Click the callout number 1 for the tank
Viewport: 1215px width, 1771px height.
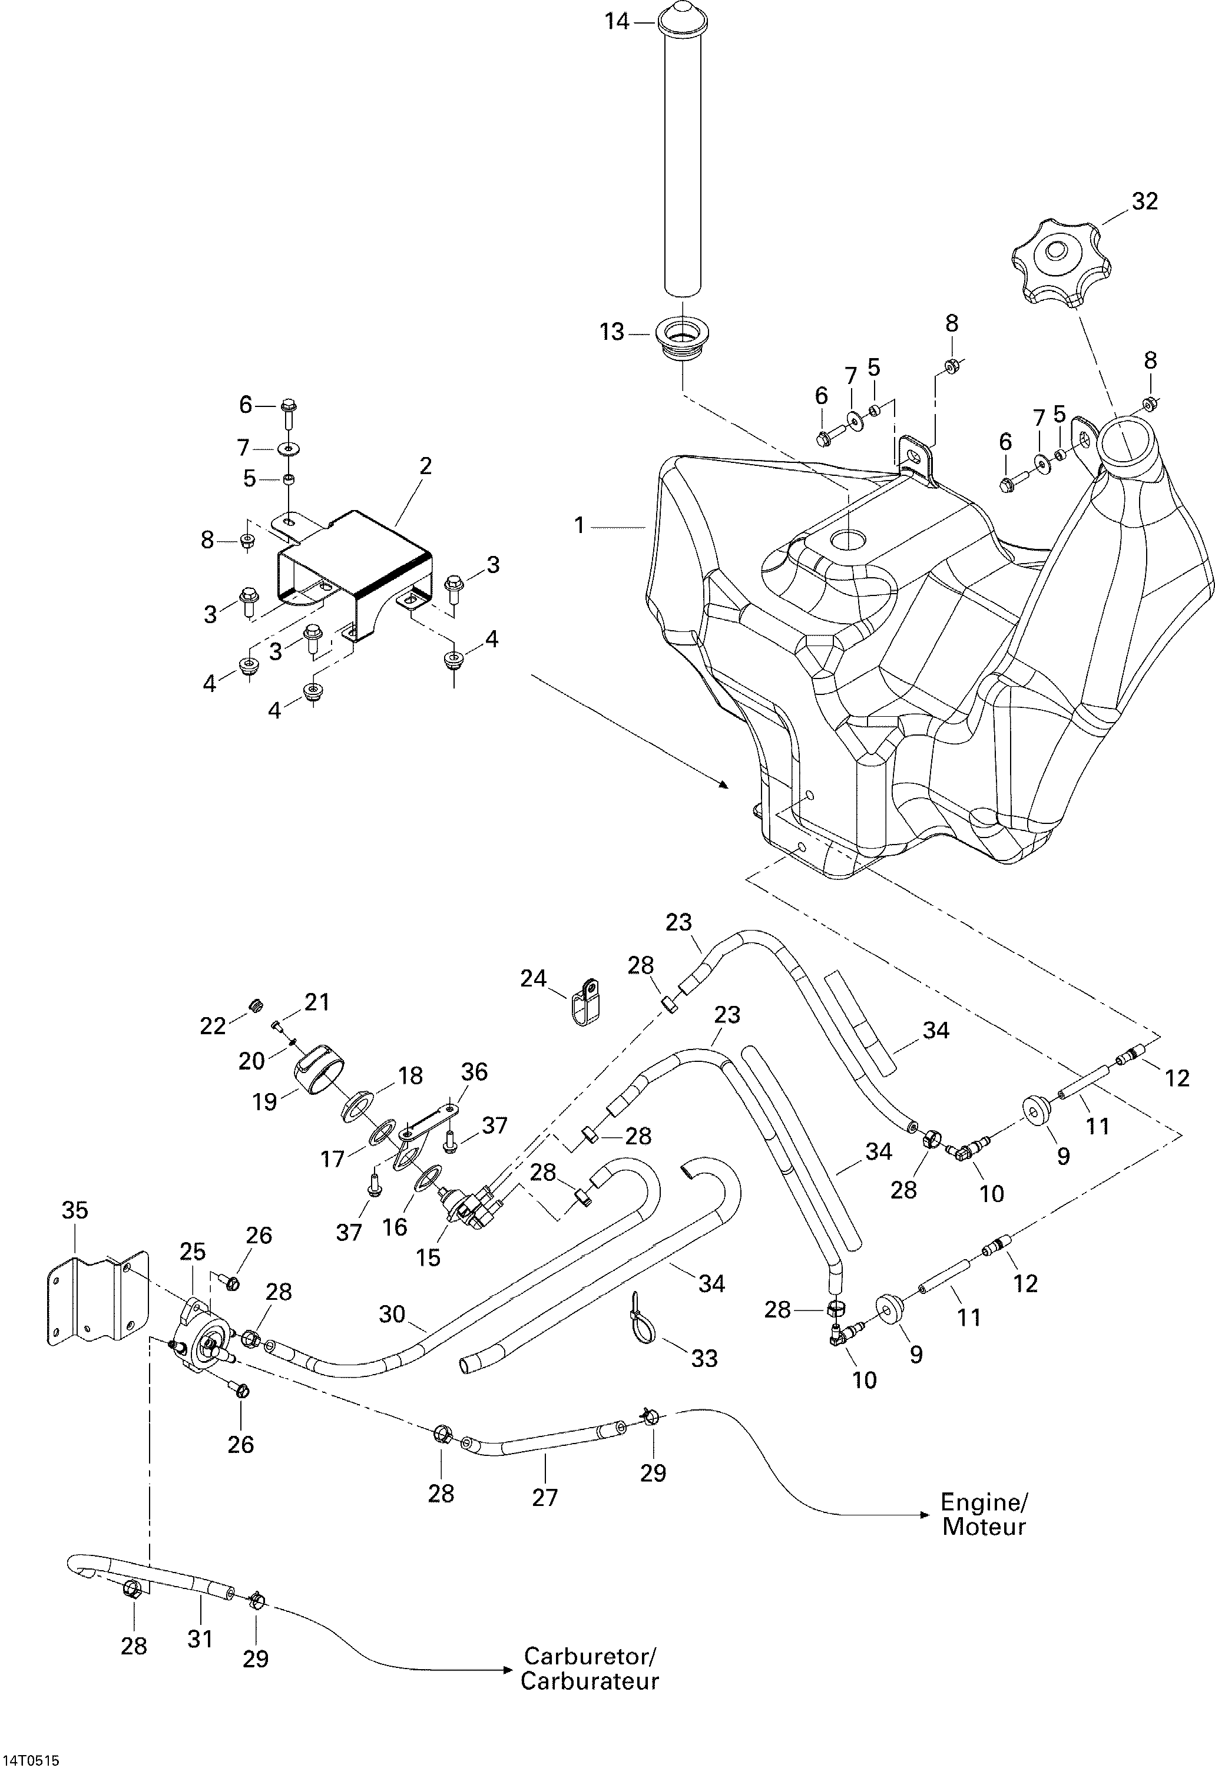click(580, 526)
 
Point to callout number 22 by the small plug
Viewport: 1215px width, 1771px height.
click(213, 1027)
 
